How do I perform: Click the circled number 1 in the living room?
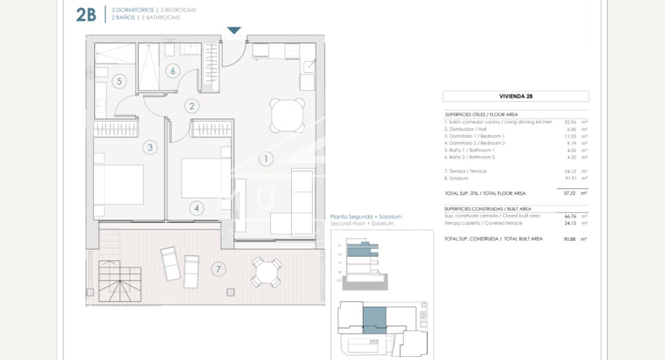click(265, 158)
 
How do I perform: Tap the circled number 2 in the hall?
click(192, 106)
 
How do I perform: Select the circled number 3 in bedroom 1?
click(149, 148)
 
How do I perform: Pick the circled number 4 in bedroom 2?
click(196, 208)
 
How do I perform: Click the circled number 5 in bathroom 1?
click(119, 81)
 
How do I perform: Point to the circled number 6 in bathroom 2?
click(173, 71)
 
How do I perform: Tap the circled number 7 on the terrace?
click(219, 269)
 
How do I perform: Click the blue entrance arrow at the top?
click(234, 31)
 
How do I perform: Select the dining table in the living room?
click(287, 116)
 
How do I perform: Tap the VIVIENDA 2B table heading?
click(516, 96)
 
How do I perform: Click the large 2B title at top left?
click(86, 15)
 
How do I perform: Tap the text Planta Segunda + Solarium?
click(365, 217)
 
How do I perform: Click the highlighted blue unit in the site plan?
click(374, 320)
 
